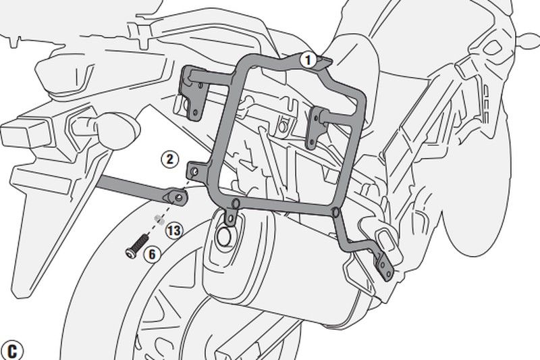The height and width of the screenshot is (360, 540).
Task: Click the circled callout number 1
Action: [x=308, y=60]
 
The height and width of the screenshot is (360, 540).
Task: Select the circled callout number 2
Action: [x=170, y=159]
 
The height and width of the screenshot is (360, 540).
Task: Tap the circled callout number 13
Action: [x=175, y=230]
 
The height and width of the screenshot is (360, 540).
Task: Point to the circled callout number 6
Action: [x=152, y=254]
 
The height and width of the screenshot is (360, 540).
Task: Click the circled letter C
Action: [x=12, y=351]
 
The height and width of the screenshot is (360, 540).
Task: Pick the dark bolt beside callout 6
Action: [x=137, y=245]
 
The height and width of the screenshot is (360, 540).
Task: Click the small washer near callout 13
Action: [x=159, y=219]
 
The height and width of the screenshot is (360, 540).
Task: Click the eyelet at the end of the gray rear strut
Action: [x=176, y=197]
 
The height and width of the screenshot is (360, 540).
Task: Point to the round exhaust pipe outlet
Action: [x=225, y=236]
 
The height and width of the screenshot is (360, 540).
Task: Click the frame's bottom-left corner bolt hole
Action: [x=236, y=203]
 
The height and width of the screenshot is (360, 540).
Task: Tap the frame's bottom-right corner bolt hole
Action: [x=335, y=211]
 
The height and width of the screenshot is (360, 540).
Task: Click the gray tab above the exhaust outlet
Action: [x=230, y=217]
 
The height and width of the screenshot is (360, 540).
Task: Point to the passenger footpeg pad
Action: [x=383, y=236]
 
